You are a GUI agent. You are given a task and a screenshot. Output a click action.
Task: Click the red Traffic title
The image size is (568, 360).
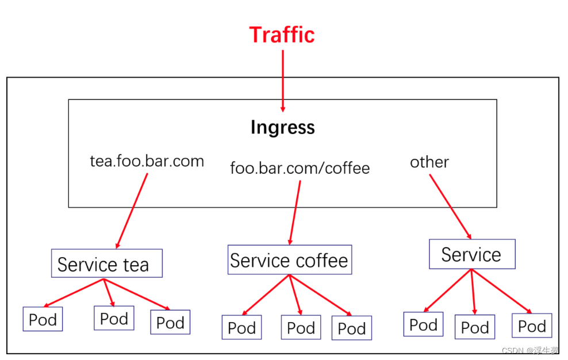point(282,35)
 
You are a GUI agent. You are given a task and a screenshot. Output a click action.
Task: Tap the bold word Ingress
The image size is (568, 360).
point(282,127)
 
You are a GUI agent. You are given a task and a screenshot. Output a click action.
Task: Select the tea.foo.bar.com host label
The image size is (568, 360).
point(147,161)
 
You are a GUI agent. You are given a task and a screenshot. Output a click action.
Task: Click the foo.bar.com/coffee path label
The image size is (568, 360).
point(300,168)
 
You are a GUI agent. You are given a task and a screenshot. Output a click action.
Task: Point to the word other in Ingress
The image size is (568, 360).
point(429,162)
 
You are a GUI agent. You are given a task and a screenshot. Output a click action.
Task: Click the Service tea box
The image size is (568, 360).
point(106,264)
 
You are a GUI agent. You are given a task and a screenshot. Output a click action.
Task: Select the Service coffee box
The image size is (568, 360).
point(289,260)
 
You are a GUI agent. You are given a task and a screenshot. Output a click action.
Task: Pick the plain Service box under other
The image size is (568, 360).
point(471,254)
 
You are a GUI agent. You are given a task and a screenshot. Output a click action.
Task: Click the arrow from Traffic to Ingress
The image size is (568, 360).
point(283,81)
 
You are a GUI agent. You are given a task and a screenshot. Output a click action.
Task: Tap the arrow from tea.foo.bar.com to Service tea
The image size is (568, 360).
point(132,210)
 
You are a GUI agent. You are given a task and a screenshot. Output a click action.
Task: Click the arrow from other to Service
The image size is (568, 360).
point(450,206)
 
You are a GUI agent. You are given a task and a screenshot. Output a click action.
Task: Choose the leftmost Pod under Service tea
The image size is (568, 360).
point(43,319)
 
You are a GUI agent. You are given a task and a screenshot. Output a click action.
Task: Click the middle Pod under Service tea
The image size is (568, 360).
point(114,318)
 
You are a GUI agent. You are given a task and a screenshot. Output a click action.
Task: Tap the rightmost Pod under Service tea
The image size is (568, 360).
point(170,323)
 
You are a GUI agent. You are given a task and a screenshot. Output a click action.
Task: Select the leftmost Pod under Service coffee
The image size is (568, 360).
point(241,328)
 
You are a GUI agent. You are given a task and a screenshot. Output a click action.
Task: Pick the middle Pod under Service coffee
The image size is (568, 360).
point(301,328)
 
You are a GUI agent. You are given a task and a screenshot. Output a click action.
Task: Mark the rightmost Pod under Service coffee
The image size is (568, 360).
point(351,328)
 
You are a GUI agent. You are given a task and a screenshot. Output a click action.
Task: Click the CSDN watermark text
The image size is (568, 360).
point(529,351)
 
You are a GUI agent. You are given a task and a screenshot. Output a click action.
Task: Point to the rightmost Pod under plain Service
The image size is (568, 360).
point(532,326)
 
